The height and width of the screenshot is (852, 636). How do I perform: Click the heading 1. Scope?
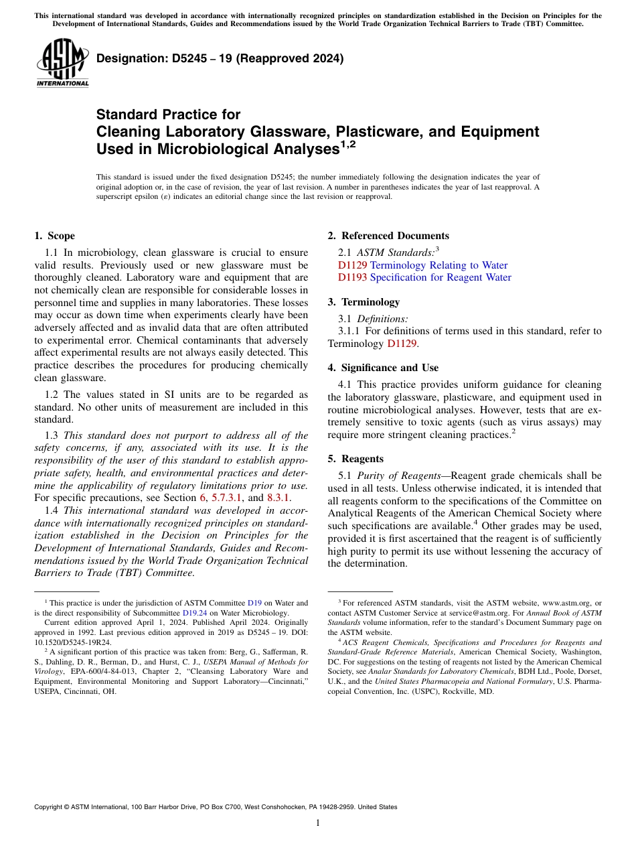[54, 236]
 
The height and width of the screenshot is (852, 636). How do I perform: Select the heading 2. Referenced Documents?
[388, 236]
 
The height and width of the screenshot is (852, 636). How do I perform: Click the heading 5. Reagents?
[355, 459]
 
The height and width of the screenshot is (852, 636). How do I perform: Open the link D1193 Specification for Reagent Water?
[424, 277]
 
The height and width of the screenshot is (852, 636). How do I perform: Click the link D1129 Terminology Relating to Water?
[422, 265]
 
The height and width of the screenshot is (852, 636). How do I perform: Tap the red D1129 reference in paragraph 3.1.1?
[403, 344]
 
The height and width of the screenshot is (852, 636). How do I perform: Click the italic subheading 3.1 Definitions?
[382, 319]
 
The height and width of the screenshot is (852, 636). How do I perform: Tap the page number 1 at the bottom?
[318, 823]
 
